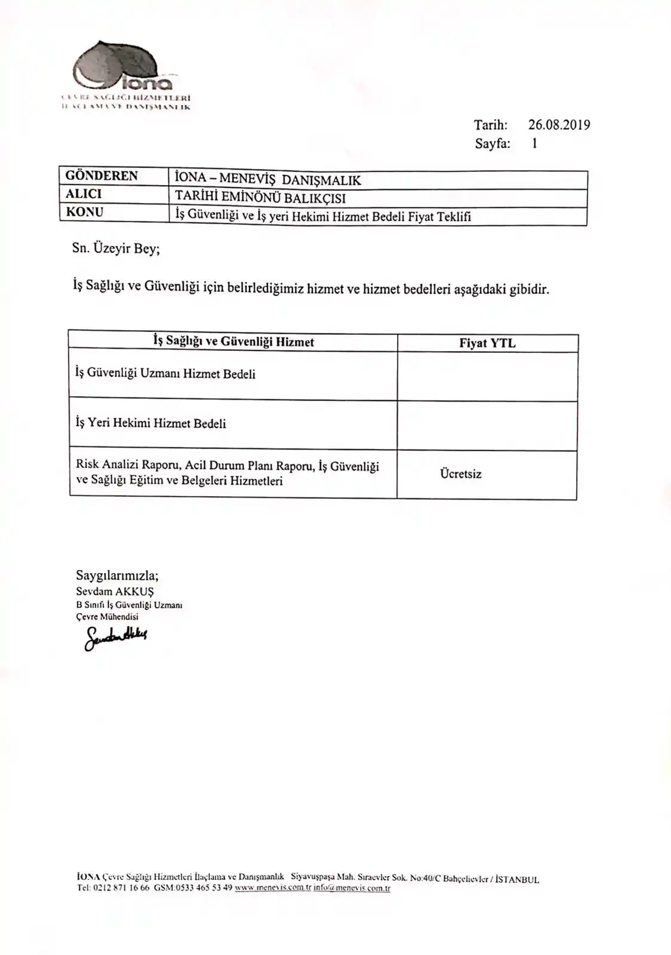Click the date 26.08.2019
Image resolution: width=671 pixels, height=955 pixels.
(x=559, y=125)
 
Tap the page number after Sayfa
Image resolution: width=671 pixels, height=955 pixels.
(x=534, y=143)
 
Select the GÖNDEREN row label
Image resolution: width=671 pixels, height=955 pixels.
(x=101, y=176)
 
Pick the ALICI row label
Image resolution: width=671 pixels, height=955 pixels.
(x=84, y=194)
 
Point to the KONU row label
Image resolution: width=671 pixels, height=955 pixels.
(x=84, y=212)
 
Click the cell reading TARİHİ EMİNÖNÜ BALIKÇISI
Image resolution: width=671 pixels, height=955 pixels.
(x=260, y=198)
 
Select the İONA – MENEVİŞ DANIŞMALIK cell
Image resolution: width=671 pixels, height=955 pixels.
(x=267, y=180)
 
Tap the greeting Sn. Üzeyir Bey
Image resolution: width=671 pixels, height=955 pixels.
(x=116, y=249)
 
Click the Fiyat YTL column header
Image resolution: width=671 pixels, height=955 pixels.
(x=487, y=343)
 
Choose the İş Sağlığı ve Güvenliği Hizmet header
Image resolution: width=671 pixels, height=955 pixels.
(x=233, y=341)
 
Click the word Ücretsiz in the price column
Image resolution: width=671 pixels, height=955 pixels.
(x=460, y=474)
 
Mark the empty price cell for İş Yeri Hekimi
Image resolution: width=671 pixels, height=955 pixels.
(x=487, y=426)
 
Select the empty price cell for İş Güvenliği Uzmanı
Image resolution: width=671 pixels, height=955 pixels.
(x=487, y=376)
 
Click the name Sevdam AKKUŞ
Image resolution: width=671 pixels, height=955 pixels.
(x=115, y=592)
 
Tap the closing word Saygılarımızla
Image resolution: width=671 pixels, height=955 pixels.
(x=117, y=575)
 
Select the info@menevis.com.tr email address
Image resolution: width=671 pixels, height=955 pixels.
(x=352, y=888)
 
